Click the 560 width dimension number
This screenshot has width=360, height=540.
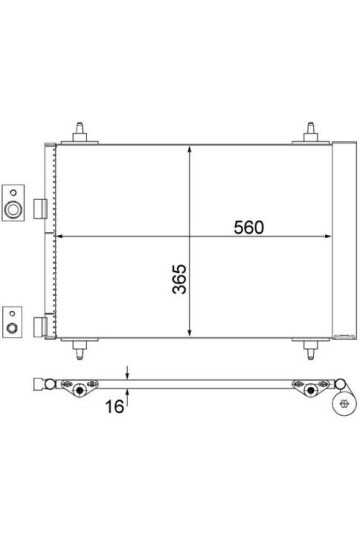click(249, 227)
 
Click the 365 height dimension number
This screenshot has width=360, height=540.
click(179, 279)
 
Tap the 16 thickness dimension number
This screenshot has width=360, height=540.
click(114, 406)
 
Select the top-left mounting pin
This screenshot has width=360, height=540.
click(80, 132)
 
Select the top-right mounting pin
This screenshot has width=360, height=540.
click(310, 132)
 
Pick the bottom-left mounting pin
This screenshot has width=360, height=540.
click(80, 350)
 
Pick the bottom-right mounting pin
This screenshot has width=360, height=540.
click(310, 350)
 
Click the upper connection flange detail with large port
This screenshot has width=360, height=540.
click(13, 203)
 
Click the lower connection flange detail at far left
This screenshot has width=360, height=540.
click(12, 322)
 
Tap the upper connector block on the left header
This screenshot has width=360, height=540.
click(40, 209)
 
